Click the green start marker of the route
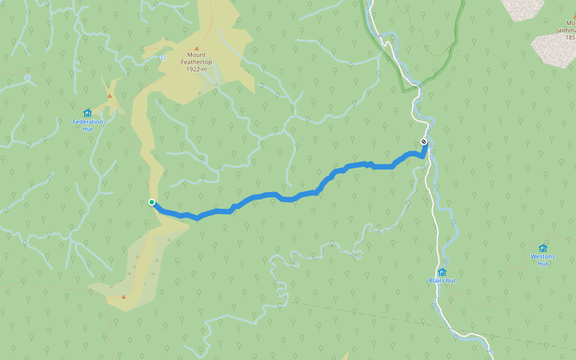(152, 202)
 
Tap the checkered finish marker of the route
(424, 142)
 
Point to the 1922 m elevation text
(196, 69)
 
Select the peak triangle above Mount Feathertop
(196, 48)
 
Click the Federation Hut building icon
(88, 113)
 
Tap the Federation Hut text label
(88, 125)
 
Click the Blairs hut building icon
(442, 272)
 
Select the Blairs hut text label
(442, 281)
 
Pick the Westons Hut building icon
(543, 248)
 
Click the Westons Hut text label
(542, 260)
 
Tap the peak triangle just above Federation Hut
(109, 96)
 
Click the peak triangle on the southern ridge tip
(124, 296)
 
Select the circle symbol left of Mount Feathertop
(163, 58)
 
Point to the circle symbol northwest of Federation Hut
(28, 77)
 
